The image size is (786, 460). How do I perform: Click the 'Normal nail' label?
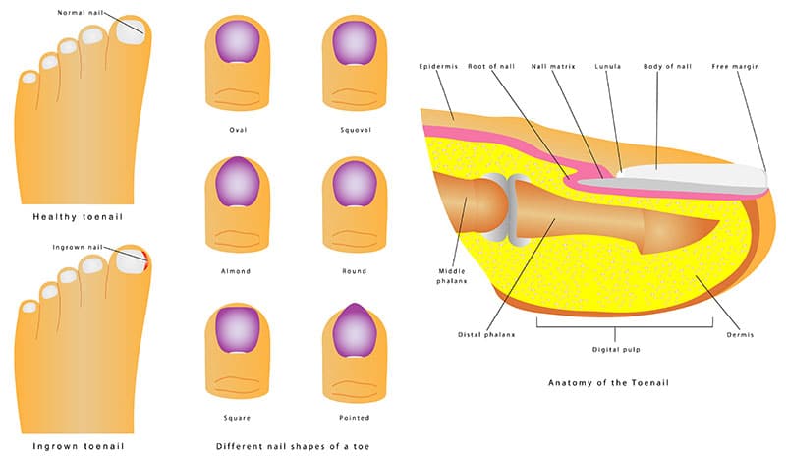tap(81, 13)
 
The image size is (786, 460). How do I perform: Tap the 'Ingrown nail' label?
tap(78, 247)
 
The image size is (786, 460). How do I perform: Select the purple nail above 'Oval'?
tap(238, 42)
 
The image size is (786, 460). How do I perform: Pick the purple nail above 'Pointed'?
tap(355, 330)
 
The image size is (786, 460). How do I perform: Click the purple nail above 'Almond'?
tap(238, 182)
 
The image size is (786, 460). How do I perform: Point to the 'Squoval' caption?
tap(356, 130)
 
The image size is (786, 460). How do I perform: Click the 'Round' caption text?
tap(355, 271)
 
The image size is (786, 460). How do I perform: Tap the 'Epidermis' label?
tap(438, 66)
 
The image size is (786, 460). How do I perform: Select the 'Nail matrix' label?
tap(553, 66)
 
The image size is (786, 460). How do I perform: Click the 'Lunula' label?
tap(608, 66)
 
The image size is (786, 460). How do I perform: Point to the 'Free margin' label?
tap(735, 66)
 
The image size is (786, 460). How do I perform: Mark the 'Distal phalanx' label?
tap(486, 334)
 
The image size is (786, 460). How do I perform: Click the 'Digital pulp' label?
tap(616, 350)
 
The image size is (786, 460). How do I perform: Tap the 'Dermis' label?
tap(740, 334)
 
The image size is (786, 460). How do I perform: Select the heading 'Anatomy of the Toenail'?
tap(608, 382)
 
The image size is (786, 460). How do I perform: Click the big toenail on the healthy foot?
tap(132, 31)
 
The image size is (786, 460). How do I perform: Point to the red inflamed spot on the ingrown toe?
tap(145, 260)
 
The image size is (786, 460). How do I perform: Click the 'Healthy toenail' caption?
tap(78, 217)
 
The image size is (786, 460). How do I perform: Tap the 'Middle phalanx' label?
tap(452, 276)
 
